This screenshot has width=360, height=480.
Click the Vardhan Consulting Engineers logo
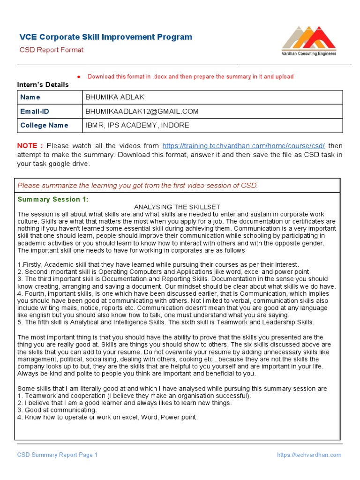pyautogui.click(x=308, y=42)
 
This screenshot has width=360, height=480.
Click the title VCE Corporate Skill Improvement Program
pyautogui.click(x=105, y=37)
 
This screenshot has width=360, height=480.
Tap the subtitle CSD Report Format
pyautogui.click(x=51, y=50)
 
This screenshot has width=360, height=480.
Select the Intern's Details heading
pyautogui.click(x=43, y=85)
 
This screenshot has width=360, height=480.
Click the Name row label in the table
pyautogui.click(x=30, y=97)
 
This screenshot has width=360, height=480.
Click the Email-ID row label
pyautogui.click(x=34, y=111)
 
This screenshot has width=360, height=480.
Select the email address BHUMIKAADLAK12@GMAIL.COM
pyautogui.click(x=142, y=111)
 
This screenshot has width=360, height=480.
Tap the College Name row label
pyautogui.click(x=44, y=125)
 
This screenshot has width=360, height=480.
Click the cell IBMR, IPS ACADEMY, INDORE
pyautogui.click(x=137, y=125)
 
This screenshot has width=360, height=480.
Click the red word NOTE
pyautogui.click(x=30, y=146)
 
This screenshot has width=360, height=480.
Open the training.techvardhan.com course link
pyautogui.click(x=243, y=146)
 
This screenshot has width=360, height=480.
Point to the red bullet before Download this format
pyautogui.click(x=79, y=77)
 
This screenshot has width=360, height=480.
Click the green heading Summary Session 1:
pyautogui.click(x=52, y=199)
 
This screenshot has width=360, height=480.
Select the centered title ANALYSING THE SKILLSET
pyautogui.click(x=177, y=207)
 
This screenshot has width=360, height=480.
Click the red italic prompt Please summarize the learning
pyautogui.click(x=137, y=185)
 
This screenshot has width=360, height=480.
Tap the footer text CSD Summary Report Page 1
pyautogui.click(x=57, y=455)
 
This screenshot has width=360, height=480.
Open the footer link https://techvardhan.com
pyautogui.click(x=309, y=455)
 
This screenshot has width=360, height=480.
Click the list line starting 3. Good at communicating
pyautogui.click(x=57, y=410)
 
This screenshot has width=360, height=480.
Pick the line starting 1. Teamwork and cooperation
pyautogui.click(x=134, y=396)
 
